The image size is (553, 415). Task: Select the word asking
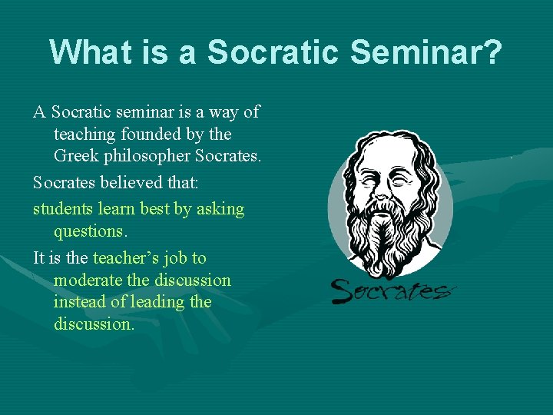(221, 209)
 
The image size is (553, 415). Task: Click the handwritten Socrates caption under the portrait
(392, 290)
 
